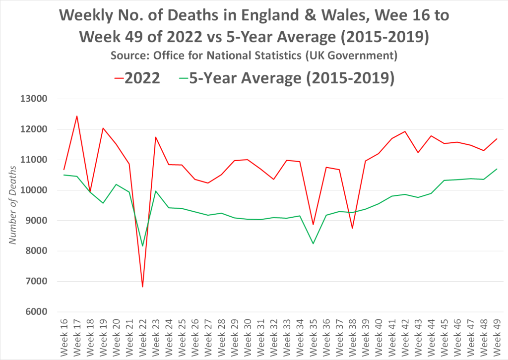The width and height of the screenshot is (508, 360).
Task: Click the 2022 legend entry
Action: tap(137, 78)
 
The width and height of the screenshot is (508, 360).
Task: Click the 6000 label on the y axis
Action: tap(33, 312)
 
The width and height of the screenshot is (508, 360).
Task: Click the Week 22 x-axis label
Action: tap(143, 337)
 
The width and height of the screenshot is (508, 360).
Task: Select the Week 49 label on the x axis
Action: tap(497, 337)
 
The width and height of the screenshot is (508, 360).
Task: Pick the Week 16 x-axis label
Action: tap(64, 337)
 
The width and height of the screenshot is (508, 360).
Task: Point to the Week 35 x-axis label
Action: tap(314, 337)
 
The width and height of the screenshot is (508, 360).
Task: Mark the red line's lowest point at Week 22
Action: tap(143, 287)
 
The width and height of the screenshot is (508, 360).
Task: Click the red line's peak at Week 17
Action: tap(77, 116)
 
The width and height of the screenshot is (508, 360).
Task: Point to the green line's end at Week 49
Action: tap(497, 169)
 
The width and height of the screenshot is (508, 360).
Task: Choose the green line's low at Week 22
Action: tap(143, 246)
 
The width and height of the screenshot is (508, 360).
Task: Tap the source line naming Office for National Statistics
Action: tap(254, 56)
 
